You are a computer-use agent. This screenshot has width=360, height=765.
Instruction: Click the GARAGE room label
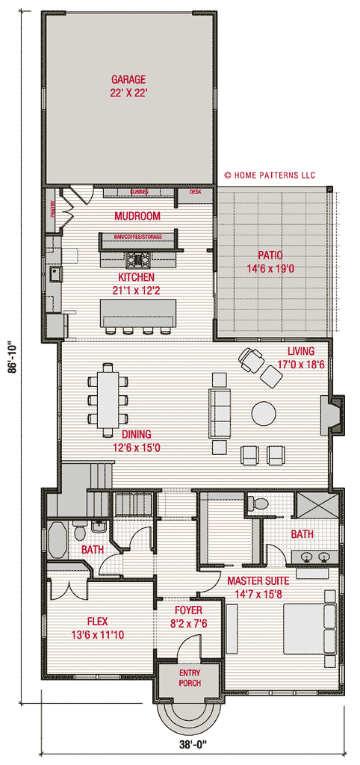pos(128,79)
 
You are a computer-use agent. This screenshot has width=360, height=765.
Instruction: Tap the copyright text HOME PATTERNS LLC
pos(270,176)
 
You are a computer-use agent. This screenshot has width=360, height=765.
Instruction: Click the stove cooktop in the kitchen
pos(138,260)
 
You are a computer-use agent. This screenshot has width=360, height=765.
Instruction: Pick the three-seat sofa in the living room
pos(220,413)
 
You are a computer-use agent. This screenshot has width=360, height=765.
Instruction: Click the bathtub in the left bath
pos(57,537)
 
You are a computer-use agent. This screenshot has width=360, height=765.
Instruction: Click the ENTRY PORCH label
pos(189,678)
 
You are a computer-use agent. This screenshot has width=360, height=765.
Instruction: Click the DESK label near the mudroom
pos(196,192)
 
